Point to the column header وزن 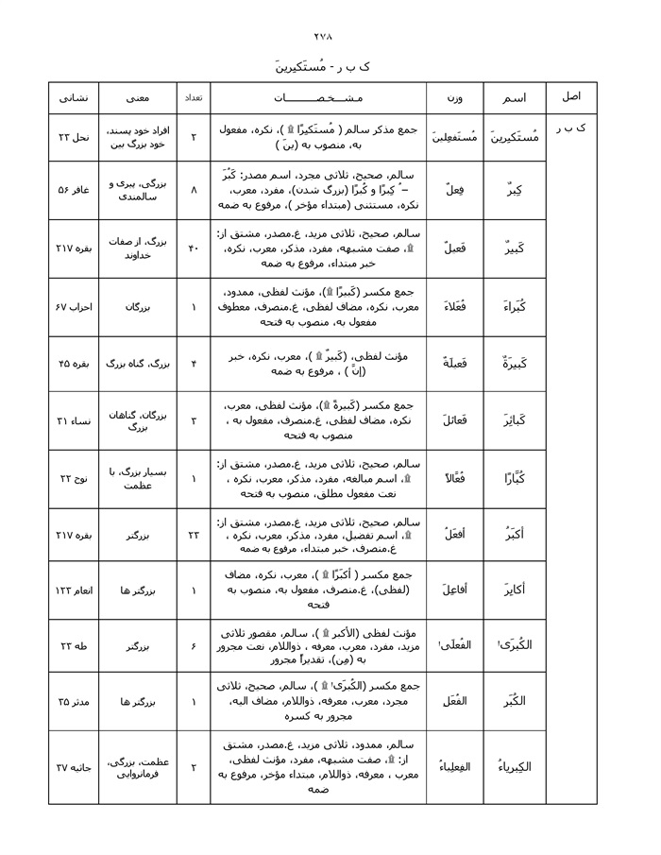point(454,98)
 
